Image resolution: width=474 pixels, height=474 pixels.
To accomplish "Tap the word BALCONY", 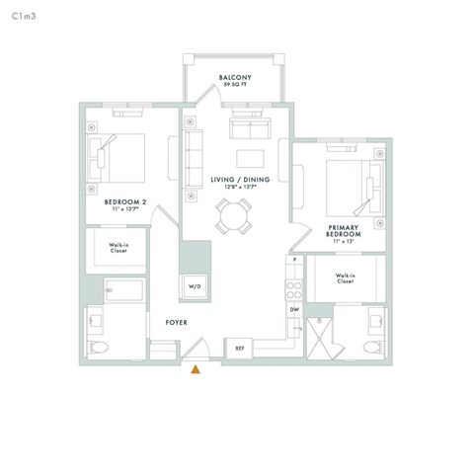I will pos(234,78).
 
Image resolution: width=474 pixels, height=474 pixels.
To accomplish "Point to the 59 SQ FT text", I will pos(234,86).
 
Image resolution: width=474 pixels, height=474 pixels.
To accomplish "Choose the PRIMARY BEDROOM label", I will pos(345,231).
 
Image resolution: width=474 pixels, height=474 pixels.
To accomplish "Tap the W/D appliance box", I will pos(193,286).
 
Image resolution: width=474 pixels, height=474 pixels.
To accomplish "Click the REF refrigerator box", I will pos(239,348).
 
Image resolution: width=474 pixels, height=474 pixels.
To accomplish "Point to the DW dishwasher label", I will pos(294,310).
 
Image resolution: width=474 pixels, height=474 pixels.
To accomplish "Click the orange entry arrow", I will pos(196,370).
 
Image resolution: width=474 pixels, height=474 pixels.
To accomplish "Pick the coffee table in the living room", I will pos(250,158).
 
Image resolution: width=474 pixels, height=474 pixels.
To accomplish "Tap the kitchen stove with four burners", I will pos(294,288).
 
